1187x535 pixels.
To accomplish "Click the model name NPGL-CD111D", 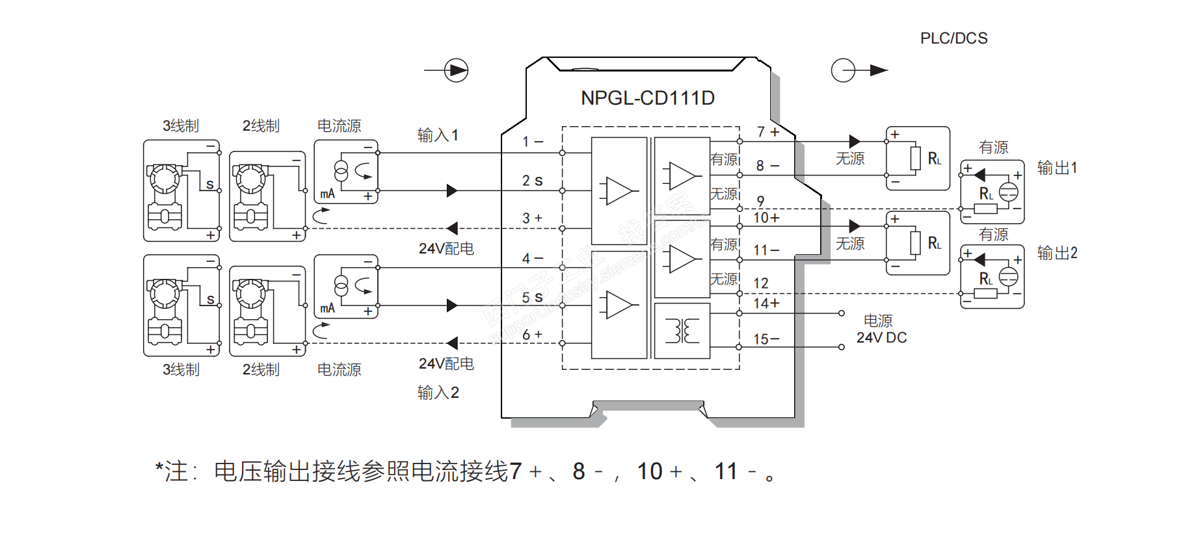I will [x=647, y=98].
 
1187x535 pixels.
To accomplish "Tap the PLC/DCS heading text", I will [x=954, y=38].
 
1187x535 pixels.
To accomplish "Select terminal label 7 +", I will [x=768, y=132].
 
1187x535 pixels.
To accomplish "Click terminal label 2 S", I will [x=532, y=181].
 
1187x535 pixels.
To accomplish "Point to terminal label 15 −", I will [x=766, y=339].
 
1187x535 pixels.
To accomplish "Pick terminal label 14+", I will [x=766, y=304].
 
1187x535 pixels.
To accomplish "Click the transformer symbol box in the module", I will [x=682, y=331].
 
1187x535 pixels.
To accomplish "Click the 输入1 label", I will [x=438, y=135].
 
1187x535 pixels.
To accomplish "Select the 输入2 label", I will [x=438, y=393].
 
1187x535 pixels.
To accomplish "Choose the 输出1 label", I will [x=1057, y=168].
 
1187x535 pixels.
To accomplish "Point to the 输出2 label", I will [x=1057, y=253].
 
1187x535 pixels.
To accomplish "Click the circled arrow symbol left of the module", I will [x=456, y=70].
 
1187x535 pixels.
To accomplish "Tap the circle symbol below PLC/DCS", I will [x=844, y=70].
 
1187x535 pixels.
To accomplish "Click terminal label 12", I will [x=761, y=283].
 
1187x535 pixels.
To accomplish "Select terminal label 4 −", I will [x=532, y=259].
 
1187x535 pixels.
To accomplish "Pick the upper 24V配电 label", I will [x=446, y=248].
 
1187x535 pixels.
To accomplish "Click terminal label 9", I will [x=760, y=201].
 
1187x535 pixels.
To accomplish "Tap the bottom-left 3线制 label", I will [x=181, y=370].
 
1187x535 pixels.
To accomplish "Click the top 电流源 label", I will [x=339, y=126].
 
